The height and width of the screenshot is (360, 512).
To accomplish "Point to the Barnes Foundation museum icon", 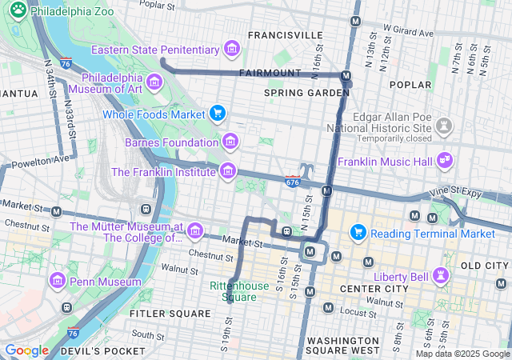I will point(230,142).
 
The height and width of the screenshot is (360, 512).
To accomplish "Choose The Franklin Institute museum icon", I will point(228,171).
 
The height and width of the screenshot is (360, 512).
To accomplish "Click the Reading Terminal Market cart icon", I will point(358,233).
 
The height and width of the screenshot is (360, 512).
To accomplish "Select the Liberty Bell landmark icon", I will point(439,275).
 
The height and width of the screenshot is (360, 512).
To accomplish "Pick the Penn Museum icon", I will point(57,282).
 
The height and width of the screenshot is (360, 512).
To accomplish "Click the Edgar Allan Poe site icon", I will point(443,126).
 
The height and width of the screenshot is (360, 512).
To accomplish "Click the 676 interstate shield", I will point(293,182).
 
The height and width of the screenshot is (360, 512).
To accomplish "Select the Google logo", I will point(26,350).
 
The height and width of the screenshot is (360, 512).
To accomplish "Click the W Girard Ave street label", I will point(408,30).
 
